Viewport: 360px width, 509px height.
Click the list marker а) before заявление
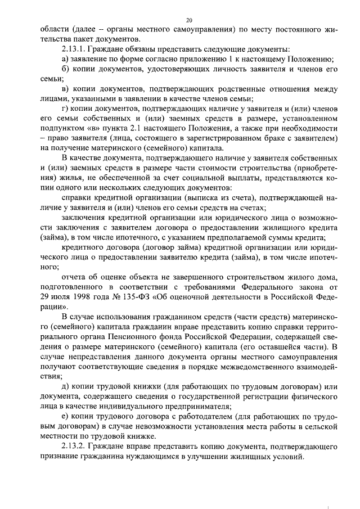[65, 59]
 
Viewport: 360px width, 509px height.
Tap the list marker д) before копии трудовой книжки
[65, 387]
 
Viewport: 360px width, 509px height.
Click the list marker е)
[65, 417]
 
